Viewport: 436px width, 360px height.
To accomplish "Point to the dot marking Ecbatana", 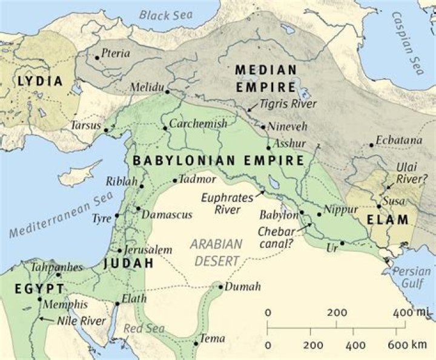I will pos(371,145).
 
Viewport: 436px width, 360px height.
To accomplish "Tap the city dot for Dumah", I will pos(222,287).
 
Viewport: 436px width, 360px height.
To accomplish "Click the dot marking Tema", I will pos(196,344).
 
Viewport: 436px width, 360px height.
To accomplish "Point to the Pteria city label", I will pos(116,53).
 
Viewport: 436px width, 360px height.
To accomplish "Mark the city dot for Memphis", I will pos(40,299).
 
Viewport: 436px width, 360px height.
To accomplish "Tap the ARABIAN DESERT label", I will pos(217,251).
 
